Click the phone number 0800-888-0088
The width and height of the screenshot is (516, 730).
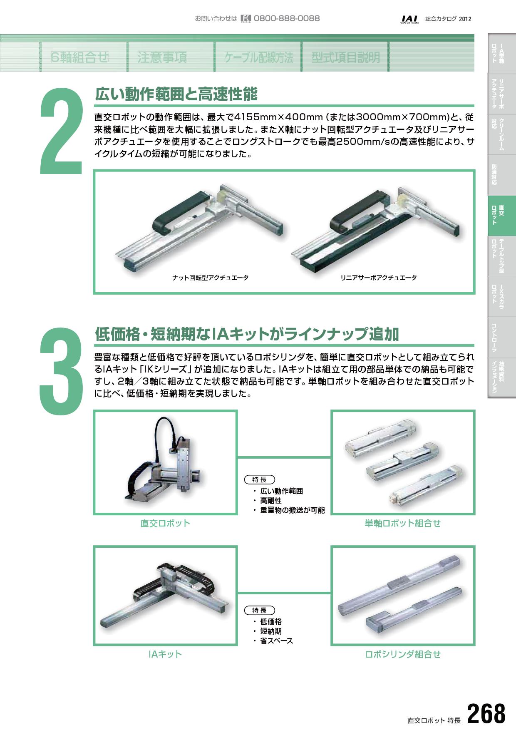pyautogui.click(x=287, y=18)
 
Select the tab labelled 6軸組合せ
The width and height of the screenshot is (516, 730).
pyautogui.click(x=80, y=57)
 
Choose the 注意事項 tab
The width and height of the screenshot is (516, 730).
pyautogui.click(x=162, y=57)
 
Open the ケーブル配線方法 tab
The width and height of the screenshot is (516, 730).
pyautogui.click(x=258, y=57)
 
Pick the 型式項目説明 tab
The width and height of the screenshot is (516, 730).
pyautogui.click(x=346, y=57)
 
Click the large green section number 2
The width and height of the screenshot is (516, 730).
pyautogui.click(x=61, y=131)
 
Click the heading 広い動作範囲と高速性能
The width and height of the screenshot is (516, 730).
pyautogui.click(x=176, y=94)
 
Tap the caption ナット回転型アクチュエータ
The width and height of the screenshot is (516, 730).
pyautogui.click(x=210, y=278)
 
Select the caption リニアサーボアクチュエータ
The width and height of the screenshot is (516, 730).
pyautogui.click(x=378, y=278)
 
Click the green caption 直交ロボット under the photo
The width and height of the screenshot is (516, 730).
pyautogui.click(x=165, y=523)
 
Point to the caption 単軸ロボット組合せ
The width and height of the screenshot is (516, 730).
pyautogui.click(x=402, y=523)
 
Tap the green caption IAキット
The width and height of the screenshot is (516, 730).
pyautogui.click(x=165, y=654)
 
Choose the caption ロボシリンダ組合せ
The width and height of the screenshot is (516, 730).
pyautogui.click(x=402, y=654)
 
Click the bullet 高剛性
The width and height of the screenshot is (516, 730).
pyautogui.click(x=271, y=500)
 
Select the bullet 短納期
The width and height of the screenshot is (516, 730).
pyautogui.click(x=271, y=631)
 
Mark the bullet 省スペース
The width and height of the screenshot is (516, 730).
pyautogui.click(x=277, y=641)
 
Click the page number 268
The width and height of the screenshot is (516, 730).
pyautogui.click(x=486, y=713)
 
